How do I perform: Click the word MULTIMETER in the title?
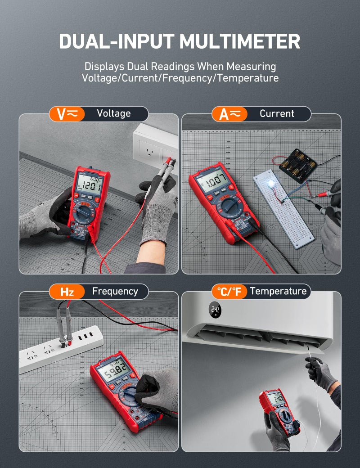coord(240,41)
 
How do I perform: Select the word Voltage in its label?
coord(113,114)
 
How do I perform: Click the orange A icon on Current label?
coord(229,114)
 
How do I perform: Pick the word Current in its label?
coord(277,114)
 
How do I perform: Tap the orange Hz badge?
coord(67,292)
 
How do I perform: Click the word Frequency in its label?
coord(115,292)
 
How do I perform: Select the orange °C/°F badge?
coord(229,292)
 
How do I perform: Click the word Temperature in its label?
coord(278,292)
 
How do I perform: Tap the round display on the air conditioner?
coord(215,310)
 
